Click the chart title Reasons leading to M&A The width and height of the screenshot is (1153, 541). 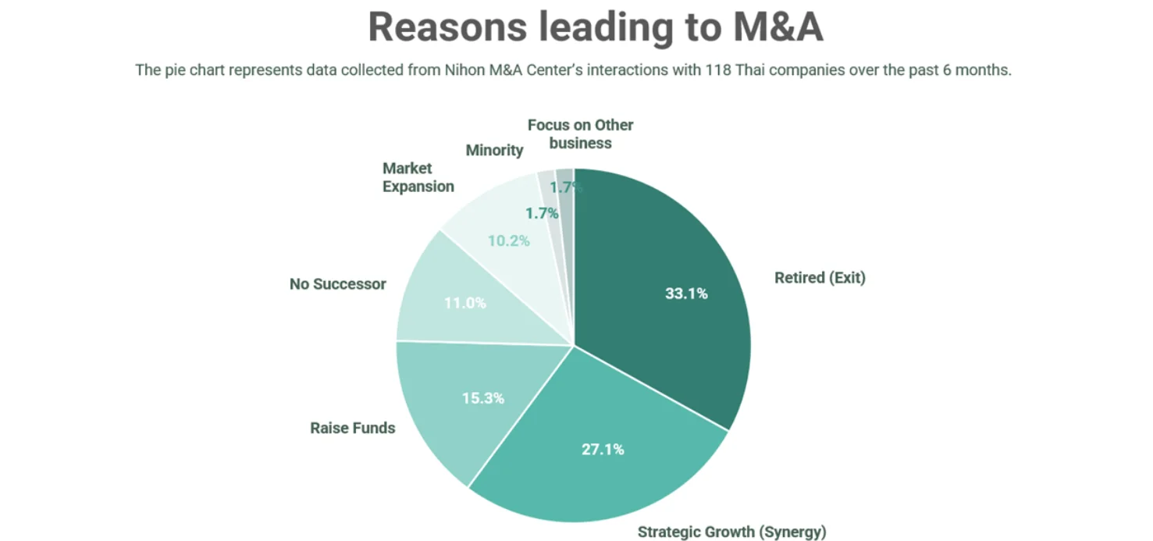tap(595, 28)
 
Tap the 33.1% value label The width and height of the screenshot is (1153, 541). tap(686, 294)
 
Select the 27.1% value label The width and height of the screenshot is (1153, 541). tap(603, 450)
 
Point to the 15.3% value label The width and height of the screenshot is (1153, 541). tap(482, 398)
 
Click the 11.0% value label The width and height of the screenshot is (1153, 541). tap(464, 303)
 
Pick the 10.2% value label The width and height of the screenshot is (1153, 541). tap(508, 241)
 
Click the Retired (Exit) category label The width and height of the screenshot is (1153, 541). tap(820, 278)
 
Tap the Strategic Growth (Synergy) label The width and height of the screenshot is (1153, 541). tap(731, 532)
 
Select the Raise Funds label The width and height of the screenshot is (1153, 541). tap(352, 428)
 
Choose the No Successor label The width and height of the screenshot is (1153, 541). tap(337, 284)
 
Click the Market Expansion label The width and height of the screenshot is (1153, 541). tap(418, 177)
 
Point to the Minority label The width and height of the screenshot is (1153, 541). tap(494, 150)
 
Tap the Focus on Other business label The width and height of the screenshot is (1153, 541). tap(580, 133)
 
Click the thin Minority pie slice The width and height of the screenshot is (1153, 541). tap(549, 187)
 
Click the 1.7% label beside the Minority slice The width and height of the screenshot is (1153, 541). tap(541, 213)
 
